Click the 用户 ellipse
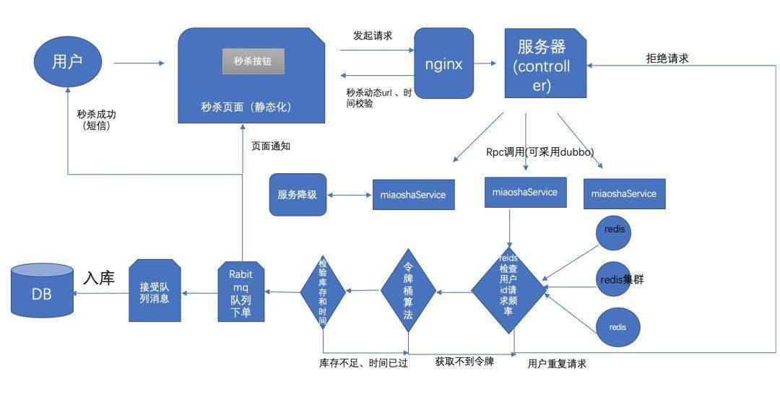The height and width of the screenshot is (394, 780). click(67, 62)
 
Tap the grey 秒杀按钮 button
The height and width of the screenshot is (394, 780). click(253, 62)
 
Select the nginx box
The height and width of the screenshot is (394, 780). click(443, 64)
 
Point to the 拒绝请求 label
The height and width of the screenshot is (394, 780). click(667, 58)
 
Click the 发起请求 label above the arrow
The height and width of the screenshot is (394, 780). click(373, 35)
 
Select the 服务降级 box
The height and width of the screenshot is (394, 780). click(298, 194)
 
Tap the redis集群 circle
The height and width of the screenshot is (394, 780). click(614, 279)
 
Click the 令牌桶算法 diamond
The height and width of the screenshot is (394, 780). click(409, 291)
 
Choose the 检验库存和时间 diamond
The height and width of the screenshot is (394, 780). click(323, 291)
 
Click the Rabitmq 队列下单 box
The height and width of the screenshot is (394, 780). click(241, 292)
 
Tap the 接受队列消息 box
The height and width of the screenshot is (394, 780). click(154, 292)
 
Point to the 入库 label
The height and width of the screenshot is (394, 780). click(99, 278)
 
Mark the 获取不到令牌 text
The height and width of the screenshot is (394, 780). click(464, 361)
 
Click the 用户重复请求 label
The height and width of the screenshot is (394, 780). click(557, 364)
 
